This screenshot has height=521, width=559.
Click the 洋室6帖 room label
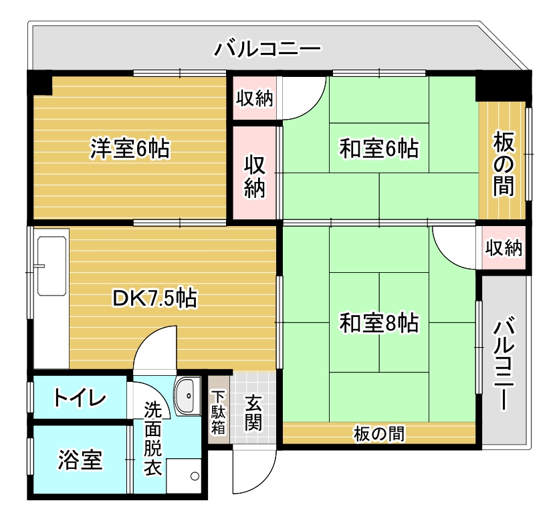tap(130, 148)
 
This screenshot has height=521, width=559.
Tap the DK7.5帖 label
tap(154, 298)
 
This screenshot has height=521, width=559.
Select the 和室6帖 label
tap(378, 148)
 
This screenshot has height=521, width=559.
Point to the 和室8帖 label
tap(378, 323)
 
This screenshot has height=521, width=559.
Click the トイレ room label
tap(80, 398)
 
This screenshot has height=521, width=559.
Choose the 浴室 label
tap(80, 460)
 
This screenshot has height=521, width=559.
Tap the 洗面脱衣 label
tap(152, 439)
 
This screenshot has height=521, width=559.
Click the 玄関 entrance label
tap(253, 413)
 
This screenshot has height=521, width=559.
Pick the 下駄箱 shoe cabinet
tap(218, 409)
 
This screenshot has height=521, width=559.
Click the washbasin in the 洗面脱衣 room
tap(188, 395)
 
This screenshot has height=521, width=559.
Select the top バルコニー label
tap(267, 49)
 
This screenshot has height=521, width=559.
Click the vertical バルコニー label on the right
tap(504, 362)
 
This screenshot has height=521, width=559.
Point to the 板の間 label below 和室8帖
tap(379, 434)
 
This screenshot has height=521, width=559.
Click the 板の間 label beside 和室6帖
tap(504, 164)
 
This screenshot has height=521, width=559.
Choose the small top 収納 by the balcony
tap(255, 98)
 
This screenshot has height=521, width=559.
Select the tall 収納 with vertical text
tap(255, 173)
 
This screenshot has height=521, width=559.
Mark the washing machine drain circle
tap(195, 476)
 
